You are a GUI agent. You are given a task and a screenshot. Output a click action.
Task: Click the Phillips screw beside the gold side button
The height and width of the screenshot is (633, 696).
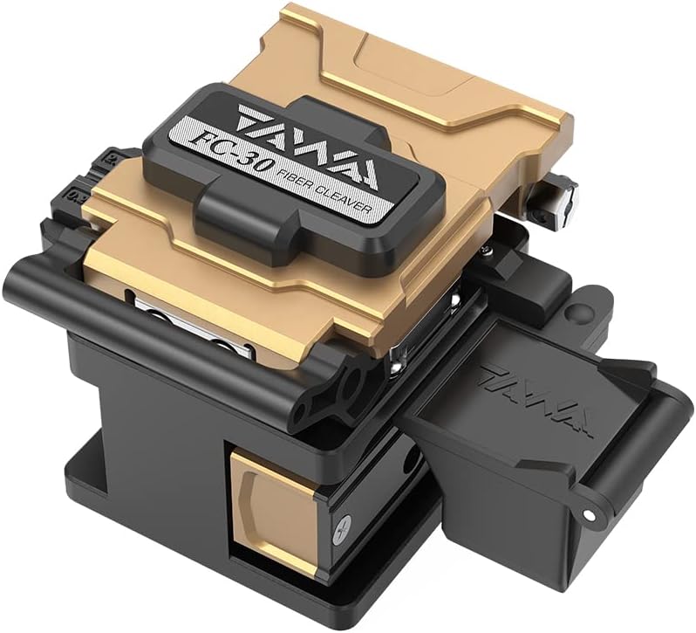pos(343,528)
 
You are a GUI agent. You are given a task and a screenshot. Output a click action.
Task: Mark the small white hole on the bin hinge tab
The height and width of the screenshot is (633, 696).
pos(589,514)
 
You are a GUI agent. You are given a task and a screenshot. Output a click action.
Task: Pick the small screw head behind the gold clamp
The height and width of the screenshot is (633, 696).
pos(488,251)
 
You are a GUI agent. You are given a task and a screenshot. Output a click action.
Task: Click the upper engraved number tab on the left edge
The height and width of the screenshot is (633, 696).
pos(108,157)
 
